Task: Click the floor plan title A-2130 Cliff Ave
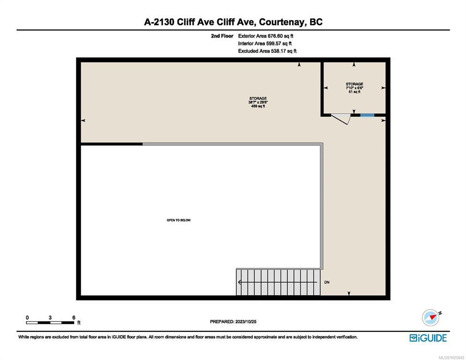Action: pos(233,22)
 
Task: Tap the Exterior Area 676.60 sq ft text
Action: pos(266,36)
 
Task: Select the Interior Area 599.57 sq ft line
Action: pos(265,44)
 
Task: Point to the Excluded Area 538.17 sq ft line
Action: pos(267,51)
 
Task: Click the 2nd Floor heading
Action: pos(222,36)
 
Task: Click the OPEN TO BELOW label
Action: pos(179,220)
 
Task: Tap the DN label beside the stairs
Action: pos(327,282)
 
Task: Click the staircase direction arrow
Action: pos(278,282)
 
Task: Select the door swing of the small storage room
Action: pos(341,119)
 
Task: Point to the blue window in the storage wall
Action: pos(368,115)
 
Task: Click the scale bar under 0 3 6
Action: pos(50,322)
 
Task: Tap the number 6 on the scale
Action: pos(74,317)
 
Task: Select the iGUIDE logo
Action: pos(428,338)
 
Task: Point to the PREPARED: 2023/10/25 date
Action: pos(233,322)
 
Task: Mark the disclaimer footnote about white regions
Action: pos(188,337)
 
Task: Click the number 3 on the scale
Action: pos(50,317)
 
